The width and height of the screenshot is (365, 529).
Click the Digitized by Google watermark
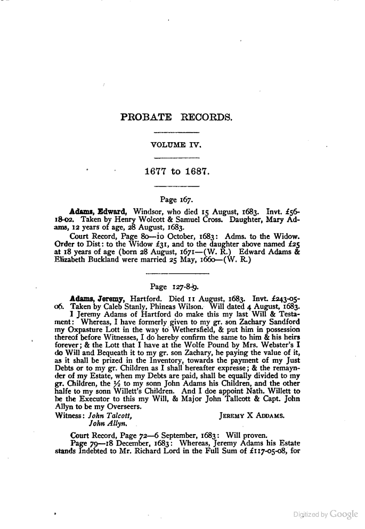tap(326, 514)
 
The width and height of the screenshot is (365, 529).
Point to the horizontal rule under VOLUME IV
tap(176, 157)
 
